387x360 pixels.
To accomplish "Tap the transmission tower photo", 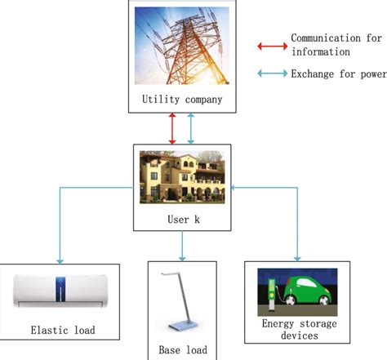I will coord(181,47).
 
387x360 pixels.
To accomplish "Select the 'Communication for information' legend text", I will coord(326,46).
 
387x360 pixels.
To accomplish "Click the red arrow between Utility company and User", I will coord(172,129).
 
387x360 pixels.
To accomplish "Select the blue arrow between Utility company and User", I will coord(191,129).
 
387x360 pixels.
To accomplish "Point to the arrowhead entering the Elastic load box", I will coord(60,259).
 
